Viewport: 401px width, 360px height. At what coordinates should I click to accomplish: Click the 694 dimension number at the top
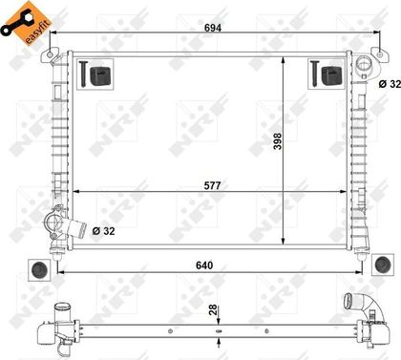pyautogui.click(x=213, y=28)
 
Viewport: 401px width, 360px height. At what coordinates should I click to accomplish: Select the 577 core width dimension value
pyautogui.click(x=212, y=185)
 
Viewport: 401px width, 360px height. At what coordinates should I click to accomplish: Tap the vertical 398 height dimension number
pyautogui.click(x=278, y=141)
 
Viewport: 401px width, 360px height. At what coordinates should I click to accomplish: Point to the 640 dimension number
pyautogui.click(x=204, y=265)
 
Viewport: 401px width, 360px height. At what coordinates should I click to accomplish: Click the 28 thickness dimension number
pyautogui.click(x=213, y=309)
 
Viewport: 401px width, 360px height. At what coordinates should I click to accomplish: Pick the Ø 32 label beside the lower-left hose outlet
pyautogui.click(x=103, y=231)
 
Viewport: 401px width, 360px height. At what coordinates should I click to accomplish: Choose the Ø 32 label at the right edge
pyautogui.click(x=390, y=84)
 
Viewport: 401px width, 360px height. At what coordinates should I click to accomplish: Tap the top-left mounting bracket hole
pyautogui.click(x=50, y=54)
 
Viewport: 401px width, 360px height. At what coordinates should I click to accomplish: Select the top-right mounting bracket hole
pyautogui.click(x=379, y=54)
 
